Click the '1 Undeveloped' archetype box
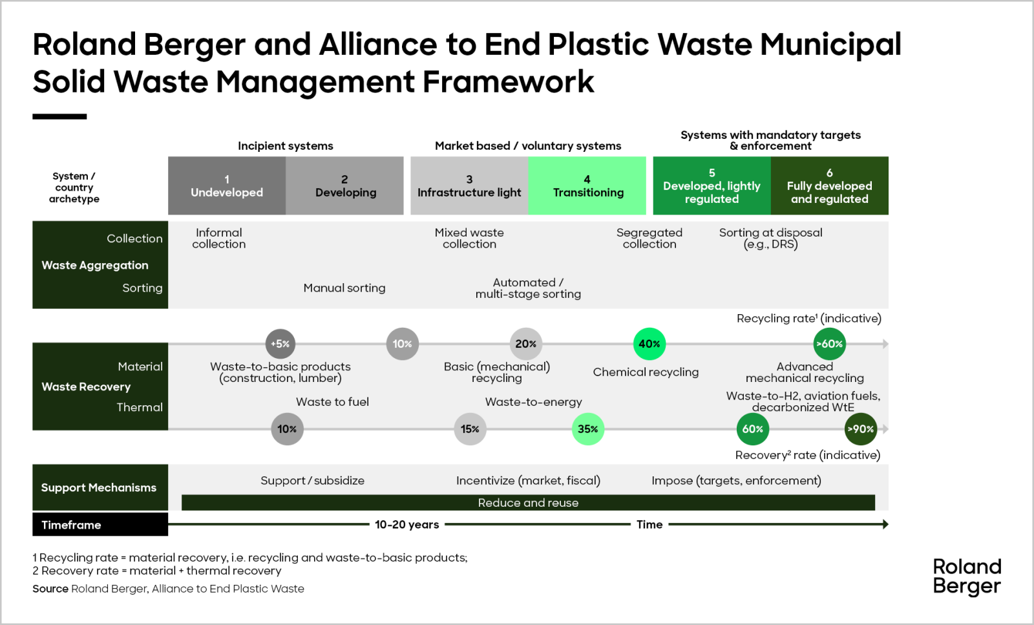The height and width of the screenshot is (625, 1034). pyautogui.click(x=227, y=185)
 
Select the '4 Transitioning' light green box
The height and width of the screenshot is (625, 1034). pyautogui.click(x=587, y=185)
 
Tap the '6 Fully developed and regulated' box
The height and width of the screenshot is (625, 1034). pyautogui.click(x=829, y=185)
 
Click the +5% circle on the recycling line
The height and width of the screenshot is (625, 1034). pyautogui.click(x=280, y=344)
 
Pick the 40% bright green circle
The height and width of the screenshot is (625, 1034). pyautogui.click(x=649, y=344)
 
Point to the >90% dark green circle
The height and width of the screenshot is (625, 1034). pyautogui.click(x=860, y=429)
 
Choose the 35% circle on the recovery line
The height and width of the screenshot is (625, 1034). pyautogui.click(x=587, y=429)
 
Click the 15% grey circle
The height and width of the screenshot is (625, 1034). pyautogui.click(x=470, y=429)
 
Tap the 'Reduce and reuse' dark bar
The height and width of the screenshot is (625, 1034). pyautogui.click(x=528, y=503)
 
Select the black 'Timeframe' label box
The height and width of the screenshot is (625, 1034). pyautogui.click(x=100, y=524)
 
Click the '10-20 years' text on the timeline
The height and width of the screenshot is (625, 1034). pyautogui.click(x=406, y=524)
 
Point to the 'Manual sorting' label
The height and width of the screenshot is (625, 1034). pyautogui.click(x=344, y=288)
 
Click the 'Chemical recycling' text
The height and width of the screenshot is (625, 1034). pyautogui.click(x=646, y=372)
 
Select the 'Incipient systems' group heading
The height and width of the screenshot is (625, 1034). pyautogui.click(x=285, y=145)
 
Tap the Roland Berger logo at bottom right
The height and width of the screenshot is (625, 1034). pyautogui.click(x=967, y=576)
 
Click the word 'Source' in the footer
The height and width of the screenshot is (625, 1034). pyautogui.click(x=50, y=588)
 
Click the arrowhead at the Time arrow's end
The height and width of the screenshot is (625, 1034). pyautogui.click(x=885, y=524)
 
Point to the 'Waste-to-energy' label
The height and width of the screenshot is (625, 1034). pyautogui.click(x=533, y=401)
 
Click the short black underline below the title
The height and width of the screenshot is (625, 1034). pyautogui.click(x=59, y=116)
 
